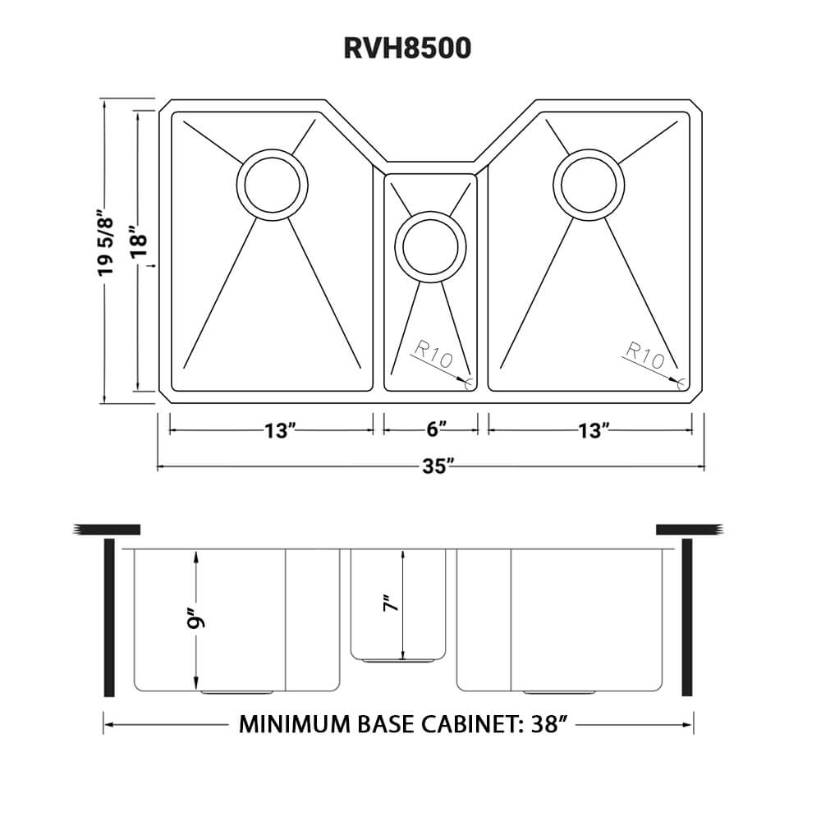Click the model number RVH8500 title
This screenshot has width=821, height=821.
(407, 48)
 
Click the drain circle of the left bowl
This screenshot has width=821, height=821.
(272, 185)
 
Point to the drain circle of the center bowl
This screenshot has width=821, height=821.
(429, 244)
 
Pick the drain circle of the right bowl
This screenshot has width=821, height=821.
(589, 185)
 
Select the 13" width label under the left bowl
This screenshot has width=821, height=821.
(280, 431)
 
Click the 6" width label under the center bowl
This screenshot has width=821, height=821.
(437, 431)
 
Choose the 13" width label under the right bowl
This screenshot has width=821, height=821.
(592, 431)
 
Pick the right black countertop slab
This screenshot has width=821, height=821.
(688, 529)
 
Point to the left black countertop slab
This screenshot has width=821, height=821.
(107, 529)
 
